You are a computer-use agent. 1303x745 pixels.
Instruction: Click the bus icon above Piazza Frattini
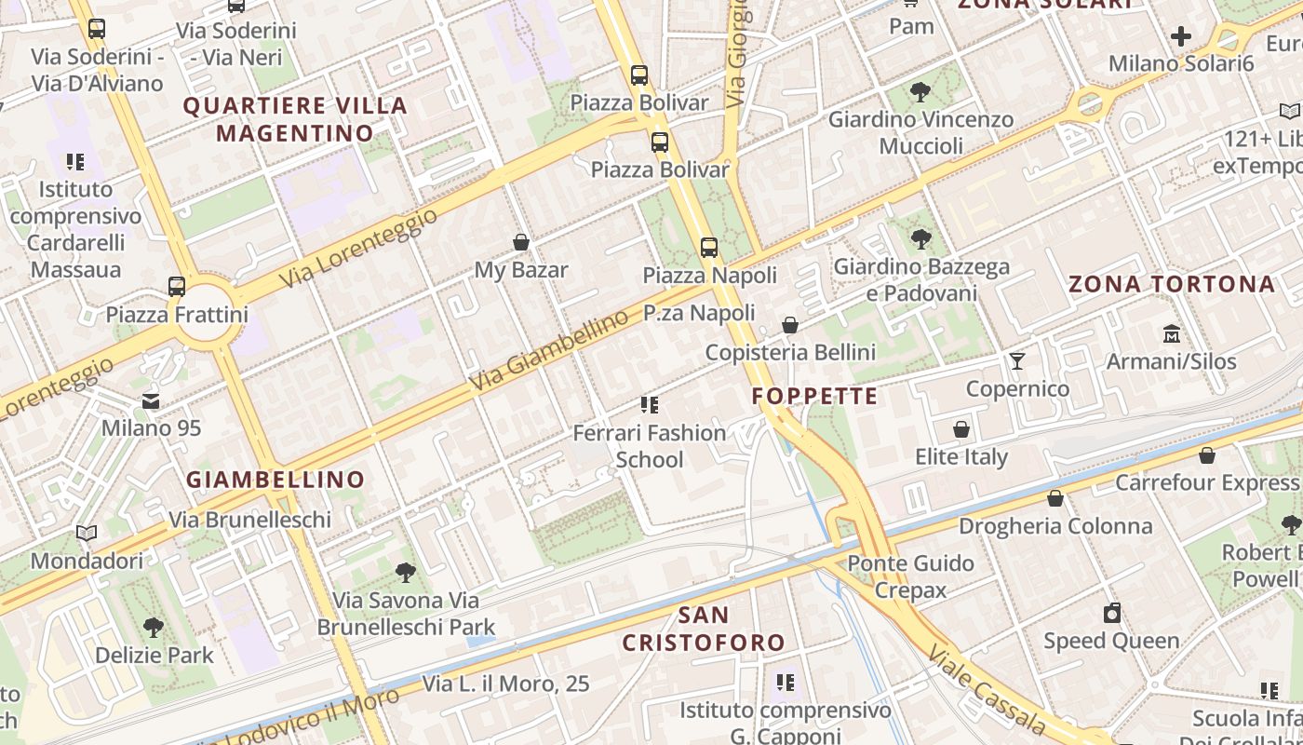click(x=177, y=287)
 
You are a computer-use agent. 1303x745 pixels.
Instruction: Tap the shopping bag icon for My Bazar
click(x=521, y=243)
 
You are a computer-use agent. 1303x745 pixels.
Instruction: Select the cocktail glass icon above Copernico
click(x=1017, y=360)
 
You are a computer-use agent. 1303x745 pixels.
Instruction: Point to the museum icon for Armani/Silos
click(x=1171, y=333)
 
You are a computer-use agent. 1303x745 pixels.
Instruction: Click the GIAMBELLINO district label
click(x=275, y=480)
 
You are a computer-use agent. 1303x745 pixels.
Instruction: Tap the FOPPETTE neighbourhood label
click(x=814, y=396)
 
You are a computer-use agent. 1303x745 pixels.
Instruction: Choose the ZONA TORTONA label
click(x=1171, y=284)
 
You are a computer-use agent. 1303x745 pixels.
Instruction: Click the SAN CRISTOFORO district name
click(x=704, y=629)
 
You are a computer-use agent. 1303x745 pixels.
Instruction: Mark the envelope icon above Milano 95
click(x=151, y=401)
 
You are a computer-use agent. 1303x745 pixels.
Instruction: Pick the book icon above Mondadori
click(x=87, y=534)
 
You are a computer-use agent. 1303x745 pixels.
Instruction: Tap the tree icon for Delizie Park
click(x=154, y=628)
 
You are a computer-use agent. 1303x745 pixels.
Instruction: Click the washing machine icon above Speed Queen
click(x=1111, y=613)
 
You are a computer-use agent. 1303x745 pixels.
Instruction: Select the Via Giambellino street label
click(x=549, y=351)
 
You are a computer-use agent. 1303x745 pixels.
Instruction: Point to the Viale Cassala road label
click(x=988, y=688)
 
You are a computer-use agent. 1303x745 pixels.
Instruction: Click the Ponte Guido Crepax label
click(x=910, y=576)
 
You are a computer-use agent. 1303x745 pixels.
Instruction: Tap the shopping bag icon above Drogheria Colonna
click(x=1055, y=498)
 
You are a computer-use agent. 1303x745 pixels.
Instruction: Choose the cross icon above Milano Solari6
click(x=1180, y=37)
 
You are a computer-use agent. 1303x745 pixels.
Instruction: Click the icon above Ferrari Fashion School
click(x=650, y=405)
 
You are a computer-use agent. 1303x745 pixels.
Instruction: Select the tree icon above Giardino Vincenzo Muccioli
click(x=920, y=91)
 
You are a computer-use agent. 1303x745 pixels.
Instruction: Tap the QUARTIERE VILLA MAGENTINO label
click(x=295, y=119)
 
